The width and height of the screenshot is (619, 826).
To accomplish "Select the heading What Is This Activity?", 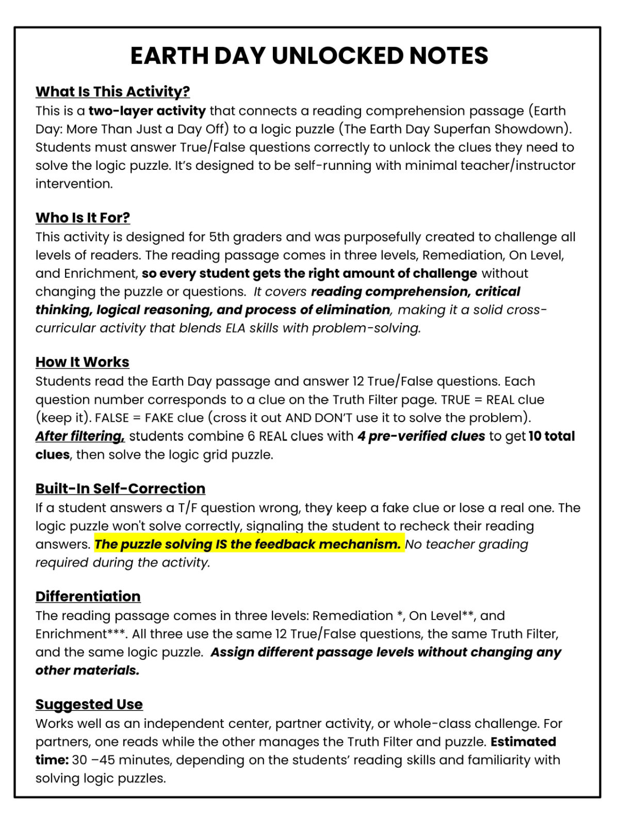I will pyautogui.click(x=112, y=91).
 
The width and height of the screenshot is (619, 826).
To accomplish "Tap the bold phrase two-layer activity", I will pyautogui.click(x=147, y=111).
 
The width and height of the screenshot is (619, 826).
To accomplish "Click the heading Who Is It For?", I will pyautogui.click(x=83, y=218).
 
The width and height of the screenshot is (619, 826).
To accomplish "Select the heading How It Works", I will pyautogui.click(x=82, y=362).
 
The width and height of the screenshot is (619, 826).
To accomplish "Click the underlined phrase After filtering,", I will pyautogui.click(x=80, y=436).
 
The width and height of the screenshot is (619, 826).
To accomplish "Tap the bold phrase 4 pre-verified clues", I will pyautogui.click(x=421, y=436).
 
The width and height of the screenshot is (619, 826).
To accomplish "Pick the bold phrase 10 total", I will pyautogui.click(x=551, y=436).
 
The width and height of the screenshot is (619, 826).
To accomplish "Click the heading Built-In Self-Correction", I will pyautogui.click(x=120, y=488).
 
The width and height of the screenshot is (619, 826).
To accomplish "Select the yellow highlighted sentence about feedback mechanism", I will pyautogui.click(x=248, y=544).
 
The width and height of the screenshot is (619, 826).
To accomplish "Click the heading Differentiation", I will pyautogui.click(x=88, y=596).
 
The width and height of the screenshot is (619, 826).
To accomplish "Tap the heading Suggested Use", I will pyautogui.click(x=89, y=704).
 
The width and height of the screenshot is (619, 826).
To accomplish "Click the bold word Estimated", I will pyautogui.click(x=523, y=742).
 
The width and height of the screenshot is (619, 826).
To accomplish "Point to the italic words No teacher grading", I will pyautogui.click(x=466, y=544).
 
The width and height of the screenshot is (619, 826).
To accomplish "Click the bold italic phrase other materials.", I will pyautogui.click(x=87, y=671).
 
